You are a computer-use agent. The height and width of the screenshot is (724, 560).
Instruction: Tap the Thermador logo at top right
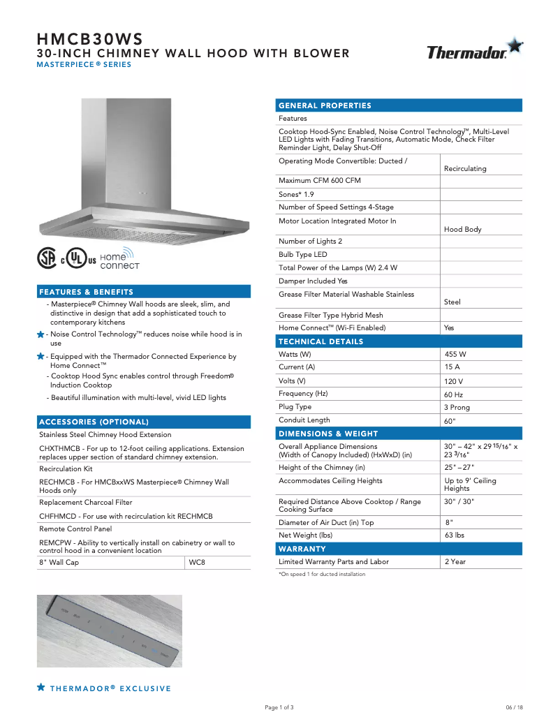pos(474,51)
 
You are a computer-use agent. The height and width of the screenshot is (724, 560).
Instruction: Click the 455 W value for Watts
pos(455,354)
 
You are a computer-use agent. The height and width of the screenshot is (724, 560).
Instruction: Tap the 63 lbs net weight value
pos(455,535)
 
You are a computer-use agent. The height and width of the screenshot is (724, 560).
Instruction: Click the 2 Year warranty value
pos(455,562)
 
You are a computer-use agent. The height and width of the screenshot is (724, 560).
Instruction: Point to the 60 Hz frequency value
pos(454,394)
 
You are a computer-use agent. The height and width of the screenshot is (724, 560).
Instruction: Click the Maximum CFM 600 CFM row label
pos(320,181)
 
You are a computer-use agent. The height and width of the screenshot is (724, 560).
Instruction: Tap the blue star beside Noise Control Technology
pos(41,335)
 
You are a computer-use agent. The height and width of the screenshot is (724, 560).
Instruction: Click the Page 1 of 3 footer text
pos(279,707)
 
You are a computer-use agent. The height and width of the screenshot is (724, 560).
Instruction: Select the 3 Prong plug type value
pos(457,408)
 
